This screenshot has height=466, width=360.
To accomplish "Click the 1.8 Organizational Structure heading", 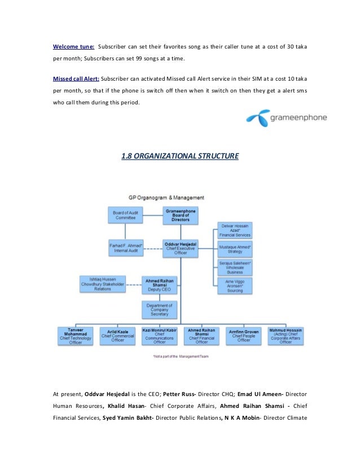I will pyautogui.click(x=180, y=155).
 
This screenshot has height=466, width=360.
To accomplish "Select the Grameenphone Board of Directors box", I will pyautogui.click(x=181, y=214).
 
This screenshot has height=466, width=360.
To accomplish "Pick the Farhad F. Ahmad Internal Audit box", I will pyautogui.click(x=125, y=247).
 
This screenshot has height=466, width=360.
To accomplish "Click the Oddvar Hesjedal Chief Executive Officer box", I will pyautogui.click(x=181, y=248).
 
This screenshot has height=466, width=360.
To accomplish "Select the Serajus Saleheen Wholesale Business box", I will pyautogui.click(x=235, y=267).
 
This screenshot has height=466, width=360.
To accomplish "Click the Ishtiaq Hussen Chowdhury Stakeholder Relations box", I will pyautogui.click(x=102, y=284).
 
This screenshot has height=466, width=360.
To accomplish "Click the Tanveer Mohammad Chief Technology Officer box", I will pyautogui.click(x=76, y=335).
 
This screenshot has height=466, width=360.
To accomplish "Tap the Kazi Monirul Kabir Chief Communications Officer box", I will pyautogui.click(x=159, y=335).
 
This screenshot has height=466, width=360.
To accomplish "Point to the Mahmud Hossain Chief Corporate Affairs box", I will pyautogui.click(x=286, y=335).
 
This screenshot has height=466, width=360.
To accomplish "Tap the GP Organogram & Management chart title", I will pyautogui.click(x=166, y=198).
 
